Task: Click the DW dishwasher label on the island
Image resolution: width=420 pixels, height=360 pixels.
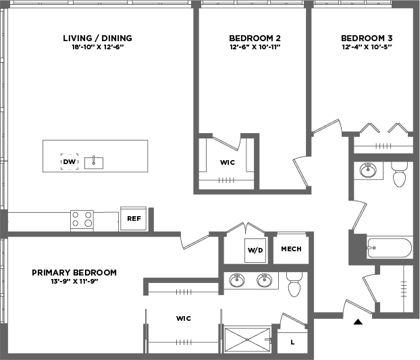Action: [70, 162]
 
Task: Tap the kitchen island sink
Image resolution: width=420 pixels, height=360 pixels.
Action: [94, 163]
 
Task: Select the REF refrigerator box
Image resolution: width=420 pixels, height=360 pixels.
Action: [134, 218]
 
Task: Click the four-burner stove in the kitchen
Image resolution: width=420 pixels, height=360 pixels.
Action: [82, 220]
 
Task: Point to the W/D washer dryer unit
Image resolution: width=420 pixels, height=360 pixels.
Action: [255, 251]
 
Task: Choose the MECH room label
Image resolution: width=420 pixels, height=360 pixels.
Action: [291, 249]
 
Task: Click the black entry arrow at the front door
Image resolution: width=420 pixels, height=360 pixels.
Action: [358, 322]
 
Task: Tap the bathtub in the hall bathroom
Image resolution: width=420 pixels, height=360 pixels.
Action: [389, 248]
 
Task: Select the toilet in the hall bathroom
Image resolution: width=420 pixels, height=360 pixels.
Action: [399, 174]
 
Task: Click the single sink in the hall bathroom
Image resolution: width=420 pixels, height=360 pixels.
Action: [368, 170]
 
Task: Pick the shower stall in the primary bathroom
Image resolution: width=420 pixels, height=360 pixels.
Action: [247, 340]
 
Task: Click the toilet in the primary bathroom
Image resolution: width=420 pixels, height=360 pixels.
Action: [294, 284]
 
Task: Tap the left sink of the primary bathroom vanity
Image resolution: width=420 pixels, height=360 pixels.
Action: [237, 280]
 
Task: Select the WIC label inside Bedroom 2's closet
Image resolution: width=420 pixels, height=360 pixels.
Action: [228, 162]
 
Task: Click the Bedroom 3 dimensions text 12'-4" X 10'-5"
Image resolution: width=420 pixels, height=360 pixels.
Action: [367, 47]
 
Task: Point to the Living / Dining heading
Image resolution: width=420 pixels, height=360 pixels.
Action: [97, 38]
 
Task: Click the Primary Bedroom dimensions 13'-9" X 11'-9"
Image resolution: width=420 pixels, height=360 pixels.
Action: [74, 282]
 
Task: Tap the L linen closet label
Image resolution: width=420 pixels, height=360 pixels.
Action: [292, 342]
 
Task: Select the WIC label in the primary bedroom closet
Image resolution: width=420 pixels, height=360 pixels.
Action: [184, 319]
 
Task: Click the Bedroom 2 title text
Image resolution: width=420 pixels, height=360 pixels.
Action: [255, 38]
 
